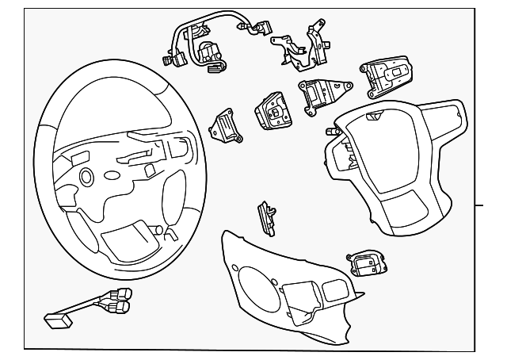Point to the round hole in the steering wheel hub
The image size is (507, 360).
pos(85,175)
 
